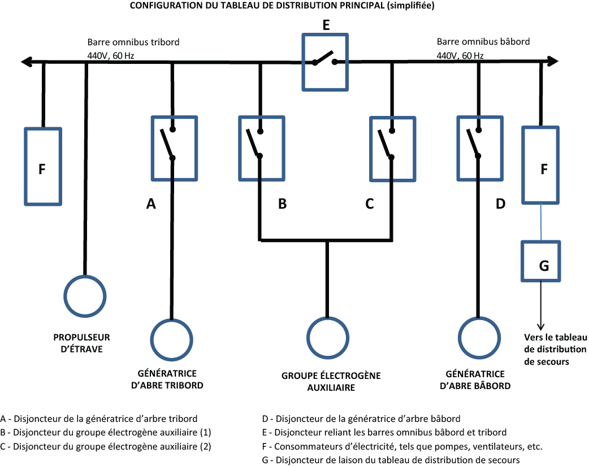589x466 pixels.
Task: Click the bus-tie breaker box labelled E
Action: click(x=324, y=62)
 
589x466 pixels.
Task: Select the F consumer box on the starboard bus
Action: click(x=43, y=166)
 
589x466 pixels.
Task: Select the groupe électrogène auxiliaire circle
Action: click(x=327, y=338)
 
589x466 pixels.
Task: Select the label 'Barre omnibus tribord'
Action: click(x=133, y=42)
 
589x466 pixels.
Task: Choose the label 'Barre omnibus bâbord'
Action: click(x=483, y=42)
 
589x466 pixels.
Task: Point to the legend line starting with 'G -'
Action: click(x=391, y=460)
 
